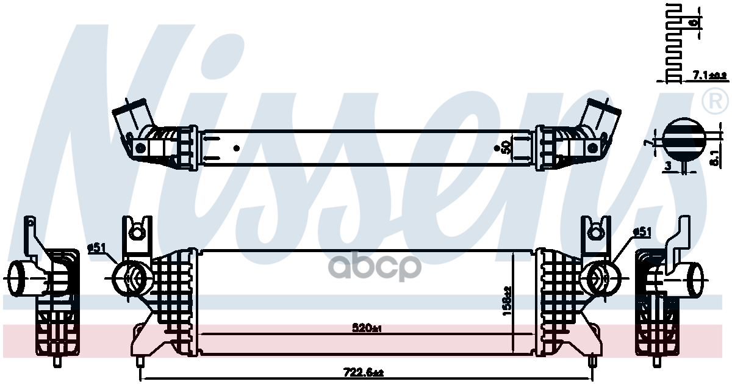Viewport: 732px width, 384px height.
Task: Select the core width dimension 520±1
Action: pyautogui.click(x=367, y=328)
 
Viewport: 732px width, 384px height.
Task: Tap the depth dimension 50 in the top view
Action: pyautogui.click(x=506, y=147)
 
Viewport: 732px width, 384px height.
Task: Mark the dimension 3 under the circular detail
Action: pyautogui.click(x=668, y=165)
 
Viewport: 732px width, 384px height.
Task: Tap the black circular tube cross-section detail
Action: pyautogui.click(x=682, y=138)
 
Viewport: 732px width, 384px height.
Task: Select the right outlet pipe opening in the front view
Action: pyautogui.click(x=600, y=278)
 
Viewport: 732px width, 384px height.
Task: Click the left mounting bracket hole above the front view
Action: pyautogui.click(x=138, y=231)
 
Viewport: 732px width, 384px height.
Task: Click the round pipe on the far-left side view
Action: pyautogui.click(x=21, y=278)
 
